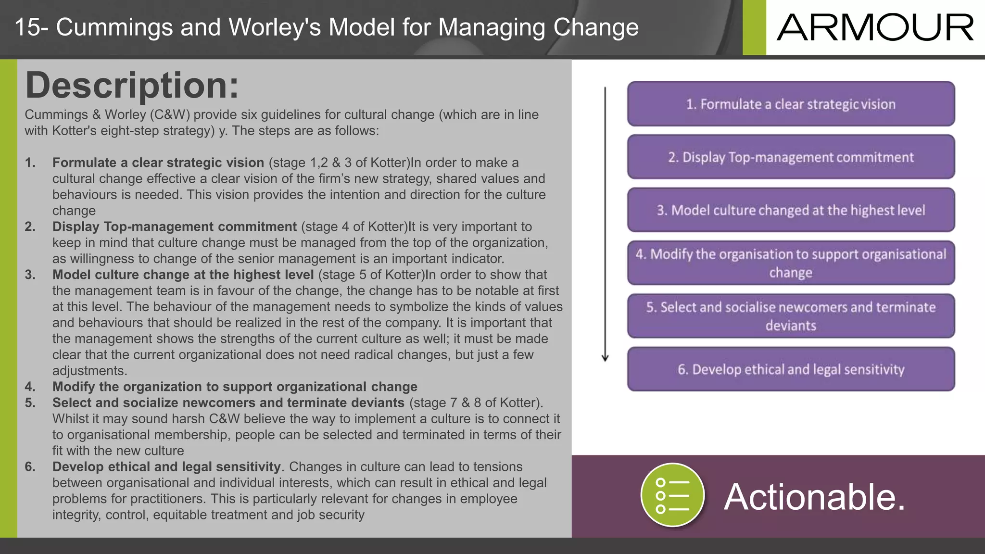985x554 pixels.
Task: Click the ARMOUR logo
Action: point(875,28)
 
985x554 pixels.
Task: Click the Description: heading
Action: point(132,86)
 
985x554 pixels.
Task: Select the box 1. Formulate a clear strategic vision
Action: point(791,104)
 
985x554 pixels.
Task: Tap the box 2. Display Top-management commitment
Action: point(791,157)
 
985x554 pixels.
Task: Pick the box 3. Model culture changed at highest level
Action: point(791,210)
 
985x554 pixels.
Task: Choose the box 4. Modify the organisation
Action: point(791,263)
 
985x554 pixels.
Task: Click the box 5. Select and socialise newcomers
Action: point(791,316)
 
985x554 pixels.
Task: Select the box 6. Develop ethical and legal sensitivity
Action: point(791,369)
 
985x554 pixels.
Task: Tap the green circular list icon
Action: point(672,495)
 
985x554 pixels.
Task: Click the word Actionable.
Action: point(814,497)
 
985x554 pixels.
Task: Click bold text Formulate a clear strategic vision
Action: point(158,163)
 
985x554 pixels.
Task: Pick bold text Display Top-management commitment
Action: point(175,227)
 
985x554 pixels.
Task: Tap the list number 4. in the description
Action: point(30,387)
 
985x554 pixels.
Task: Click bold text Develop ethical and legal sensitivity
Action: point(166,466)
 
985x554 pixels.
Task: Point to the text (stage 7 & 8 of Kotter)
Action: point(476,403)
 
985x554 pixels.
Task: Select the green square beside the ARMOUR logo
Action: point(754,27)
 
